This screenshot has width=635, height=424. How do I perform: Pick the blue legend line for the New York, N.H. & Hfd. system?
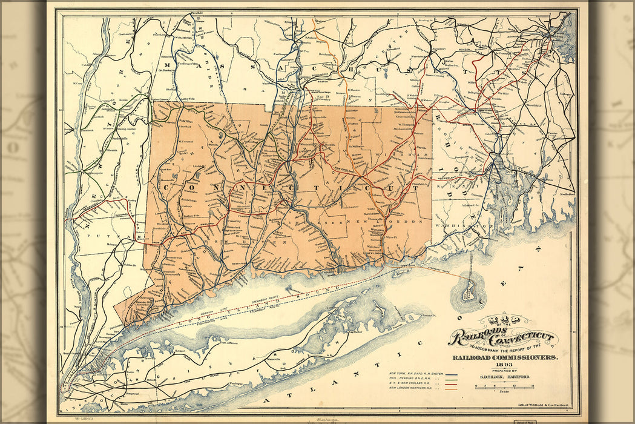(x=450, y=374)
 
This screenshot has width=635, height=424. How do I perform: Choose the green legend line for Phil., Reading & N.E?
(x=450, y=380)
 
